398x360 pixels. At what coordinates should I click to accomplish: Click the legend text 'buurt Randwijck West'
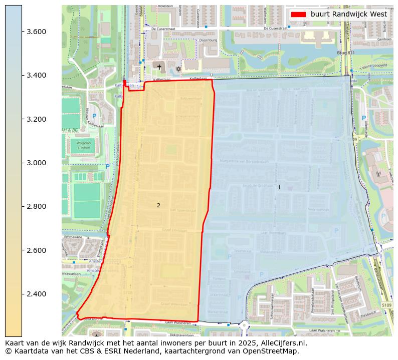click(348, 14)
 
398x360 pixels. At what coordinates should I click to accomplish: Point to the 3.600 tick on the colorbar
click(22, 32)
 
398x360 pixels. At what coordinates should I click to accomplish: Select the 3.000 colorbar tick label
click(36, 163)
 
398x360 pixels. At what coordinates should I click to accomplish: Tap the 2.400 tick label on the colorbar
click(36, 294)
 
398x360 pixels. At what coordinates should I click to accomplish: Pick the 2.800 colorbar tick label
click(36, 206)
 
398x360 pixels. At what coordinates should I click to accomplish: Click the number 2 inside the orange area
click(158, 205)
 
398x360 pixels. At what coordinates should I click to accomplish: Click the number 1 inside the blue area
click(279, 187)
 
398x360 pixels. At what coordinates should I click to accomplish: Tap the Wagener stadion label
click(84, 145)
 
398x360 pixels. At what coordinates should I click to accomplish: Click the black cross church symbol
click(159, 67)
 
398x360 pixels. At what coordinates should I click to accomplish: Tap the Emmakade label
click(73, 237)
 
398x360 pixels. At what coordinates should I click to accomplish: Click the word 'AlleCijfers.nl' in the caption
click(283, 343)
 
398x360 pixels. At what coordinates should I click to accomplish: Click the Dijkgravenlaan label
click(181, 335)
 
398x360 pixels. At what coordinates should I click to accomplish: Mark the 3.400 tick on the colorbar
click(22, 75)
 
